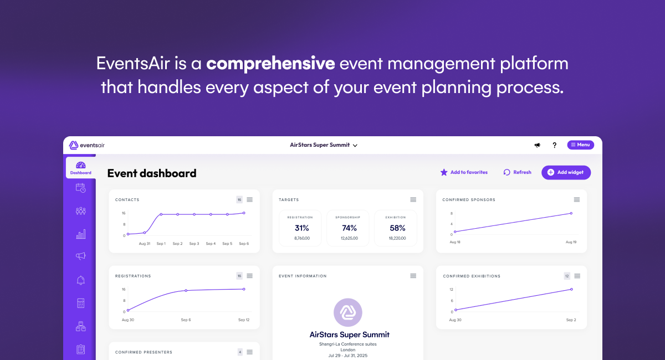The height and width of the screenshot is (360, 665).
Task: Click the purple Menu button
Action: tap(580, 145)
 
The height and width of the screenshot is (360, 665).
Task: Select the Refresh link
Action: tap(517, 172)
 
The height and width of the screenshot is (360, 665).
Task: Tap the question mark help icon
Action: tap(554, 145)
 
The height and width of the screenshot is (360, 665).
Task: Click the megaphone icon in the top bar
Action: tap(537, 145)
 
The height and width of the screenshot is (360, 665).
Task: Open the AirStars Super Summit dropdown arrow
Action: tap(355, 146)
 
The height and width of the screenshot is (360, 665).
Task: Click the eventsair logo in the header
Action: tap(86, 145)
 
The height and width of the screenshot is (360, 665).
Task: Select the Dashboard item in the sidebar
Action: tap(81, 168)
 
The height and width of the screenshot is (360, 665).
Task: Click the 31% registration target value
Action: tap(302, 228)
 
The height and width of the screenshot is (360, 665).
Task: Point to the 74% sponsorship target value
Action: tap(350, 228)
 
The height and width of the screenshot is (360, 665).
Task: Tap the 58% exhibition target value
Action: tap(397, 228)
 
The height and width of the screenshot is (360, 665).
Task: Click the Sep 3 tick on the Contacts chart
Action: tap(194, 244)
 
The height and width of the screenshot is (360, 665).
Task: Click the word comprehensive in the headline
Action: tap(270, 64)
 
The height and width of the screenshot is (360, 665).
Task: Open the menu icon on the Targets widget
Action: tap(413, 199)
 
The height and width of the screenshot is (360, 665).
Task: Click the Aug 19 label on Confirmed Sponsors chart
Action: tap(571, 243)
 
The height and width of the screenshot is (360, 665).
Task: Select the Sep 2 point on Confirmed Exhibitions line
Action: tap(571, 289)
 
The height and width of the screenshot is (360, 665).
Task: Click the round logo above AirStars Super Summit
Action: tap(348, 312)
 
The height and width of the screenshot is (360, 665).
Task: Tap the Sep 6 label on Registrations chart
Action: tap(186, 320)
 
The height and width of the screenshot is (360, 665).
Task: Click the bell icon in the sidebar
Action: tap(81, 280)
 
